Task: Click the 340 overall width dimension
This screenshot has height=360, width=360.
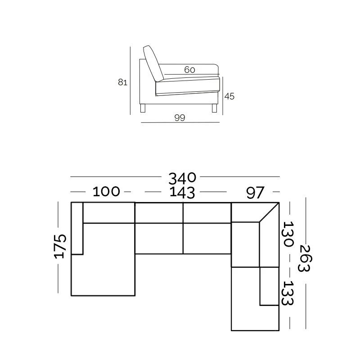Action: pyautogui.click(x=182, y=178)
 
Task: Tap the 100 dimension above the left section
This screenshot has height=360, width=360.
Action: pyautogui.click(x=106, y=192)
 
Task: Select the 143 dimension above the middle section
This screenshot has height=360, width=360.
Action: pyautogui.click(x=182, y=193)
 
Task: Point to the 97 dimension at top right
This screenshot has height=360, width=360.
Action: pyautogui.click(x=255, y=193)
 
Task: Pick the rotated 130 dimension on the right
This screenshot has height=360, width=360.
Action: pyautogui.click(x=288, y=234)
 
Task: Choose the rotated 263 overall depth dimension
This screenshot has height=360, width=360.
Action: pyautogui.click(x=305, y=258)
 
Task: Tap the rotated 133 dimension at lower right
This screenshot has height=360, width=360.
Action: pyautogui.click(x=288, y=293)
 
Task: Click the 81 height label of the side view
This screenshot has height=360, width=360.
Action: pyautogui.click(x=122, y=82)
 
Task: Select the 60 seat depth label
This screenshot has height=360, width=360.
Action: pyautogui.click(x=189, y=70)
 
